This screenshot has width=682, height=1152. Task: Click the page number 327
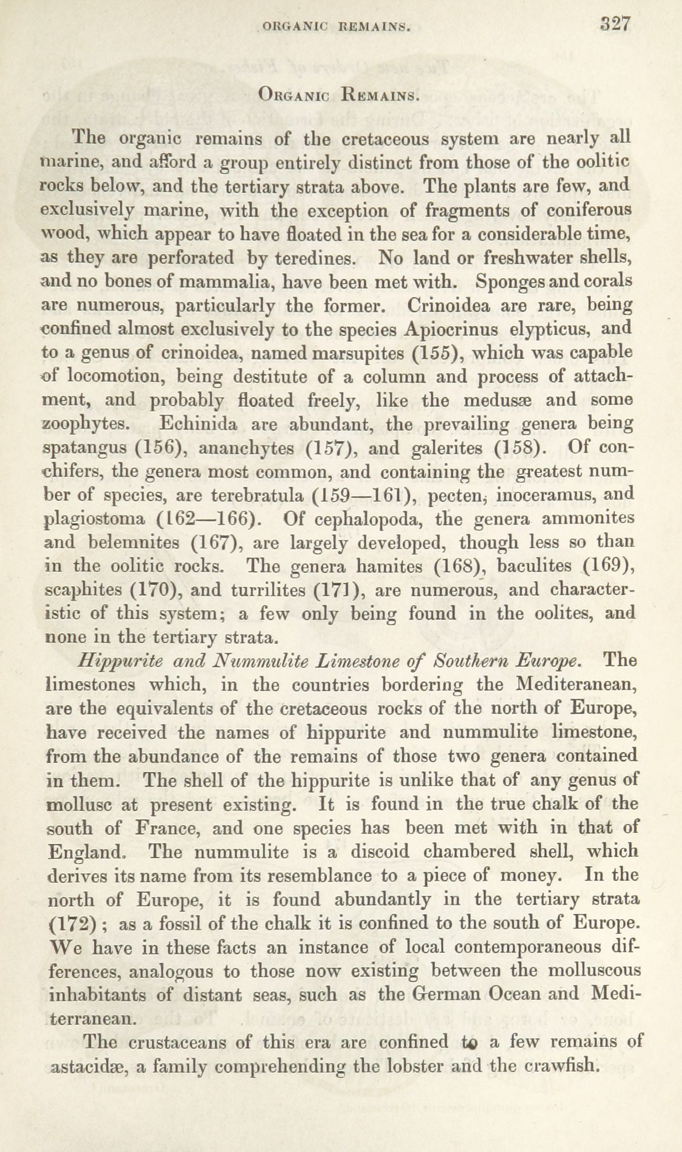coord(616,24)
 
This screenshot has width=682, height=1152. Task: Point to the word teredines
coord(313,258)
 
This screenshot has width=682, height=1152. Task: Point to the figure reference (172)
coord(73,924)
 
